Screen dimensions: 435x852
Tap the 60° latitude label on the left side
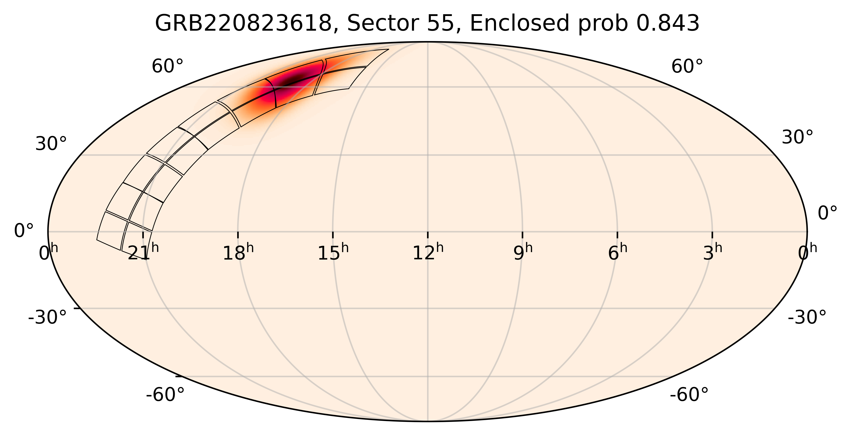(x=167, y=67)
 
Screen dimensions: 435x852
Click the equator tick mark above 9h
(x=523, y=235)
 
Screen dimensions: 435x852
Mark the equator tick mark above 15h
(x=333, y=235)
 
